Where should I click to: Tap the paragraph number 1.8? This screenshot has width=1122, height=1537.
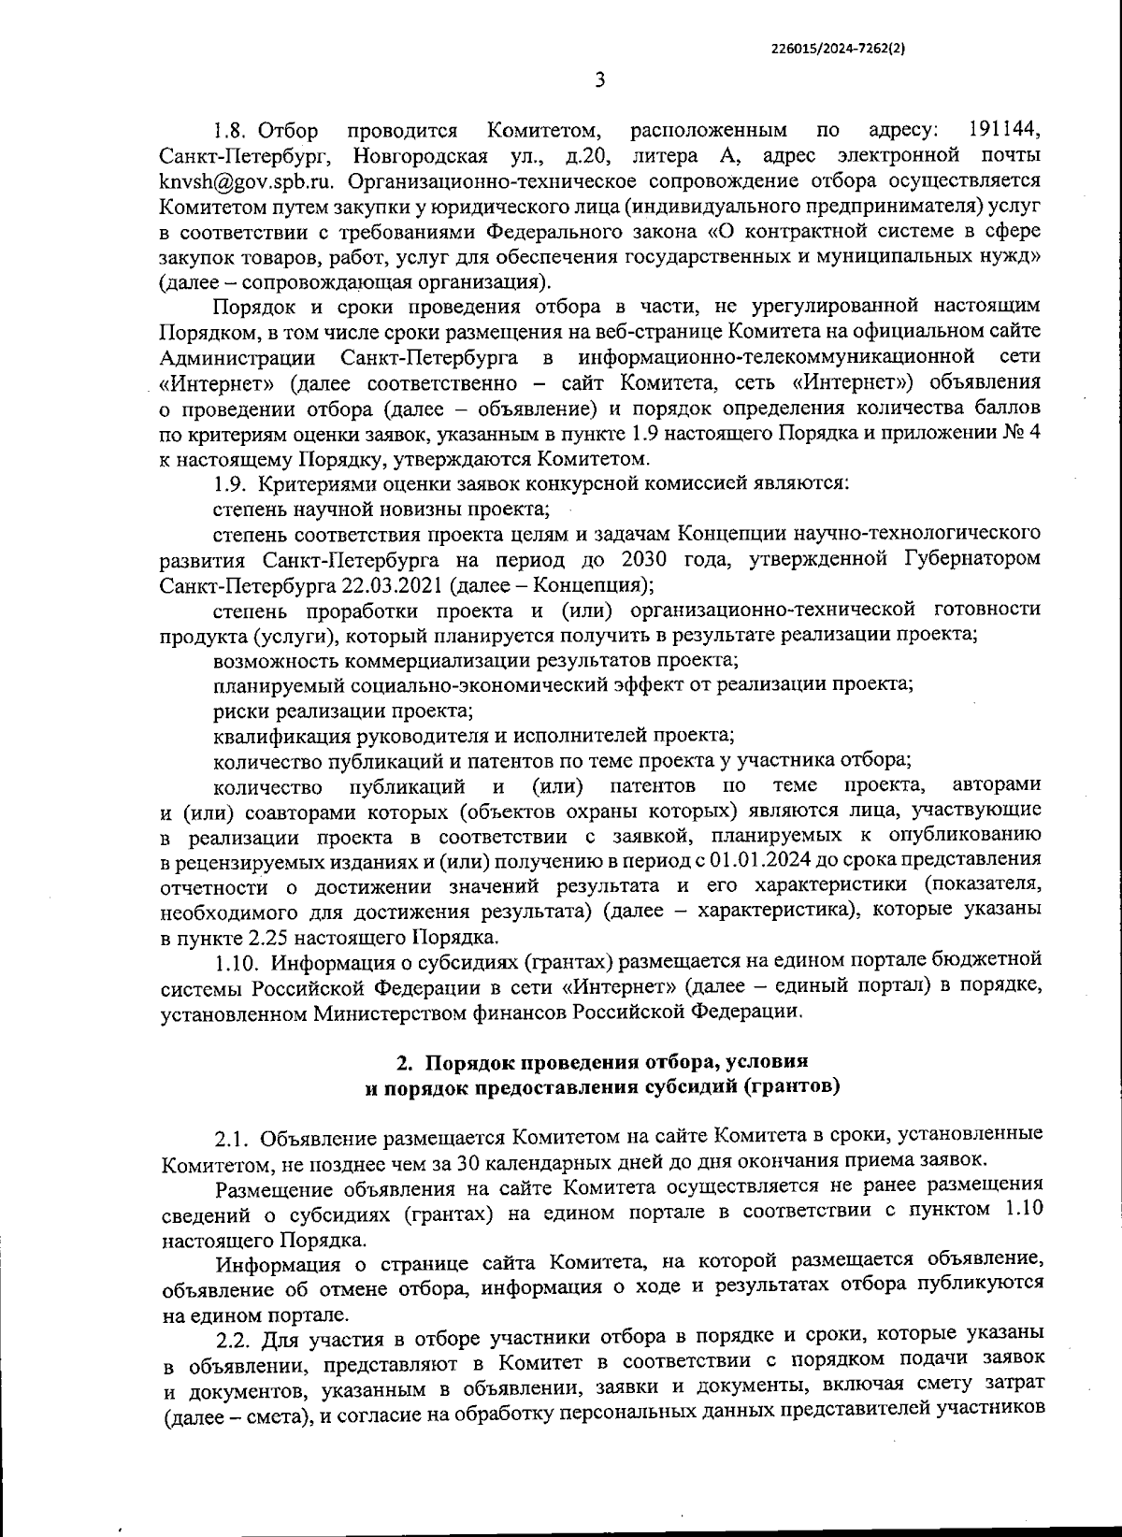(230, 129)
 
